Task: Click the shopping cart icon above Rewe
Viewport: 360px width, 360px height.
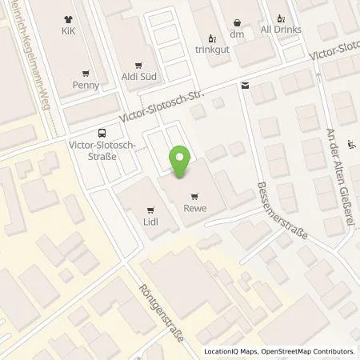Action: pos(194,196)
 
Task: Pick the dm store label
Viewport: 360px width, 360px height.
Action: pos(236,34)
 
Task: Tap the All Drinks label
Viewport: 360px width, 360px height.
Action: pos(279,29)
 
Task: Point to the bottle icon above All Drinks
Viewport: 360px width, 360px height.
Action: pos(279,17)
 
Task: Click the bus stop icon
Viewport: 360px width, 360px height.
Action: pos(102,134)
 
